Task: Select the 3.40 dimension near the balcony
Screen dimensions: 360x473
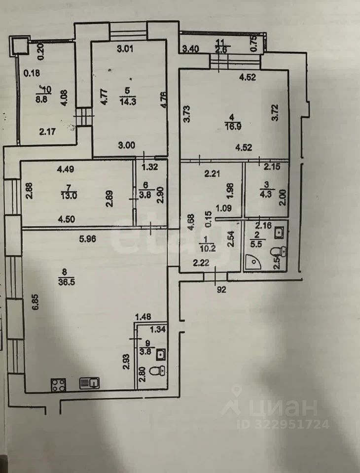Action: pyautogui.click(x=191, y=49)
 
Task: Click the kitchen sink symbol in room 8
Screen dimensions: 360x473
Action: pyautogui.click(x=90, y=382)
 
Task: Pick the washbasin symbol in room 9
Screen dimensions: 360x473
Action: pyautogui.click(x=160, y=352)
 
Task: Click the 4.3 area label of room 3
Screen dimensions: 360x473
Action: pyautogui.click(x=267, y=193)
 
